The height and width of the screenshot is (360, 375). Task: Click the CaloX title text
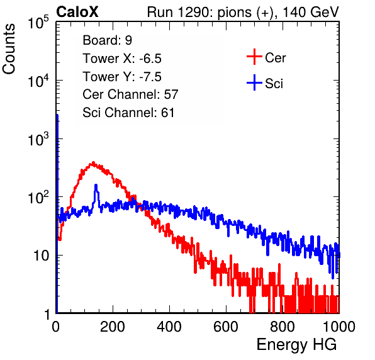(77, 12)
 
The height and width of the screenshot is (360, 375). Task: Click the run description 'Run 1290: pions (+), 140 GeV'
(242, 12)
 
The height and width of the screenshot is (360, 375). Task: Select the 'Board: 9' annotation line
(107, 40)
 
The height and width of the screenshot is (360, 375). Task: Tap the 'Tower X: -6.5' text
(122, 59)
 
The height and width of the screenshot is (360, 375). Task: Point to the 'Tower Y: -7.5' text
(122, 77)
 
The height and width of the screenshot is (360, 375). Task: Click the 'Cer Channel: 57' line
(130, 94)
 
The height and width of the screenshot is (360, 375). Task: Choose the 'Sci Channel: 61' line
(128, 113)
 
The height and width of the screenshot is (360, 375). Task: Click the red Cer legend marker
(254, 57)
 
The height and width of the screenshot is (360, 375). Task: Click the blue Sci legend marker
(254, 83)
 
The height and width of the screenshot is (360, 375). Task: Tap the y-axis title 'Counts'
(9, 49)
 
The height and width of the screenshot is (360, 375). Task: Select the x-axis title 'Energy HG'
(296, 345)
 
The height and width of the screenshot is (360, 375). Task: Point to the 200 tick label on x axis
(113, 327)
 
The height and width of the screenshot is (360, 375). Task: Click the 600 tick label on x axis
(226, 327)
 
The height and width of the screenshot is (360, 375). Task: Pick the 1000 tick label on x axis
(339, 327)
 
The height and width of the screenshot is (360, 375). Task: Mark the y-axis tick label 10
(41, 256)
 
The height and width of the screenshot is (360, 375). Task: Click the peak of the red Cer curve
(93, 163)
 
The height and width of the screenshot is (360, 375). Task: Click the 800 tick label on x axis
(283, 327)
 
